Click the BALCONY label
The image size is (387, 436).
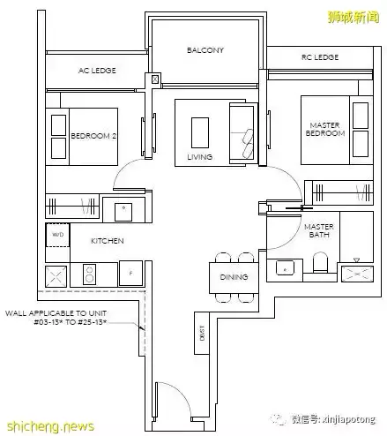click(x=205, y=50)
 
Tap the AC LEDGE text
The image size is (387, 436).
click(x=97, y=71)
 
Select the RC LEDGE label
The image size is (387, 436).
click(x=320, y=57)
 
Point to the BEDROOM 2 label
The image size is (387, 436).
click(x=93, y=136)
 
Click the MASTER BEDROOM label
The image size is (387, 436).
click(x=325, y=130)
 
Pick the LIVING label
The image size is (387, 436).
click(x=200, y=157)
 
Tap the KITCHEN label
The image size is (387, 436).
click(x=108, y=241)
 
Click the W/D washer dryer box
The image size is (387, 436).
click(x=58, y=235)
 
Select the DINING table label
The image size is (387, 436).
click(x=234, y=277)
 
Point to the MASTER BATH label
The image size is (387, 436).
click(x=319, y=230)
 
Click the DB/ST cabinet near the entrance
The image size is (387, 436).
click(x=202, y=333)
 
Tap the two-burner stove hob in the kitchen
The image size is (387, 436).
click(x=89, y=274)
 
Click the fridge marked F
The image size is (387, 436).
click(x=130, y=274)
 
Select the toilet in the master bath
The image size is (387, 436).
click(x=320, y=262)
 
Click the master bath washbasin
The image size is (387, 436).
click(x=285, y=268)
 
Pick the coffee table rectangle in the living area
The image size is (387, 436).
click(x=200, y=132)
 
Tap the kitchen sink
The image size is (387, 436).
click(x=123, y=212)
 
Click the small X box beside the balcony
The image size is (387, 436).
click(x=155, y=79)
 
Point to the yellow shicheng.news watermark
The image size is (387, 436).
click(x=50, y=426)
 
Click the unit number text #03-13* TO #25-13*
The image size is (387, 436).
click(x=71, y=322)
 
